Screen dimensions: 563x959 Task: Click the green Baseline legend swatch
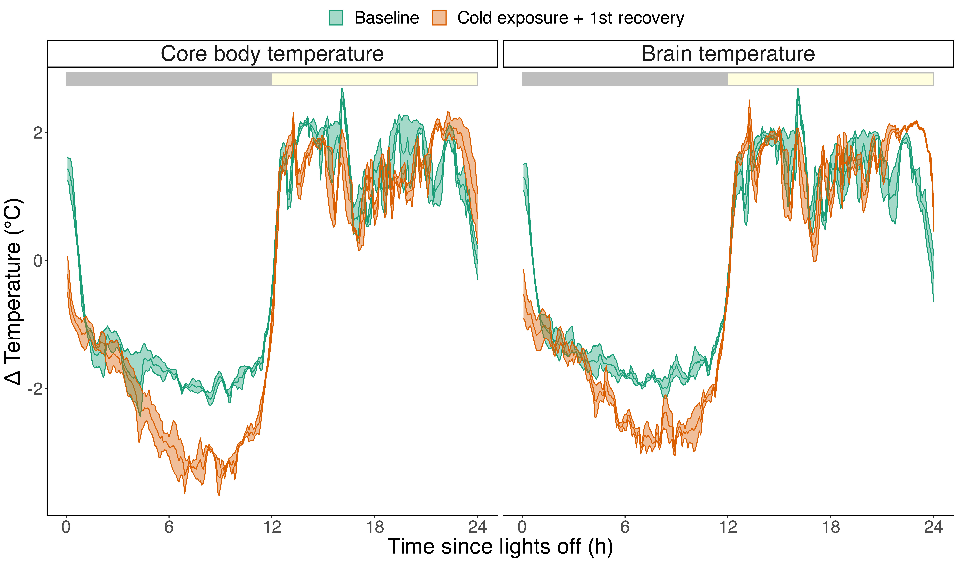coord(336,17)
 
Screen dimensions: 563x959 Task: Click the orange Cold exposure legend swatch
coord(439,17)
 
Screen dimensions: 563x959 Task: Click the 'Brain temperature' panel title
coord(728,54)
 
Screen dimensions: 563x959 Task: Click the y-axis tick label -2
coord(35,389)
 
